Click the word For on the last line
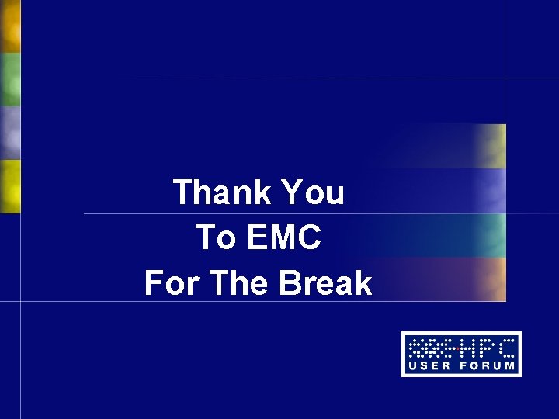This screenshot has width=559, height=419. click(x=172, y=284)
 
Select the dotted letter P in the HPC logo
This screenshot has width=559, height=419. click(x=483, y=347)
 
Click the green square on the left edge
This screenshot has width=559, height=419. click(x=9, y=79)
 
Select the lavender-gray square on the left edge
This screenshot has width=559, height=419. click(x=9, y=132)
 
